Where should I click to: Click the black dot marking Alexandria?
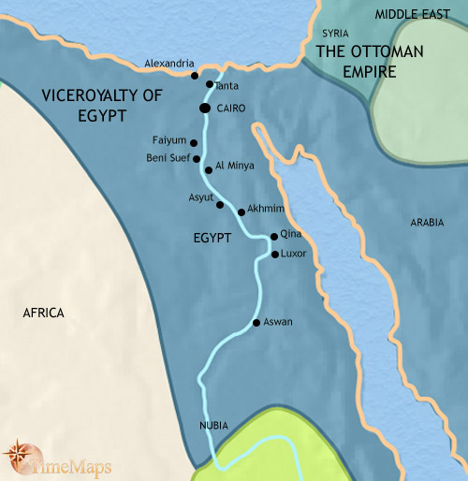[x=194, y=75]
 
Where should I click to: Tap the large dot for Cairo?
[x=204, y=109]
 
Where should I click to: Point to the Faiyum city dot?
[x=193, y=143]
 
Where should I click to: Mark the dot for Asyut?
[x=220, y=204]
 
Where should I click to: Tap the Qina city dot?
[x=273, y=237]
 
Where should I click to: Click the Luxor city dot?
[x=274, y=254]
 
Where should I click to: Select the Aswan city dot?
[x=256, y=323]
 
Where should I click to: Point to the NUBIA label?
[x=214, y=425]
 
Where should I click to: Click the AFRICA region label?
[x=43, y=313]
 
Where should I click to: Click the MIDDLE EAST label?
[x=412, y=14]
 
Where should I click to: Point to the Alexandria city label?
[x=169, y=64]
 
